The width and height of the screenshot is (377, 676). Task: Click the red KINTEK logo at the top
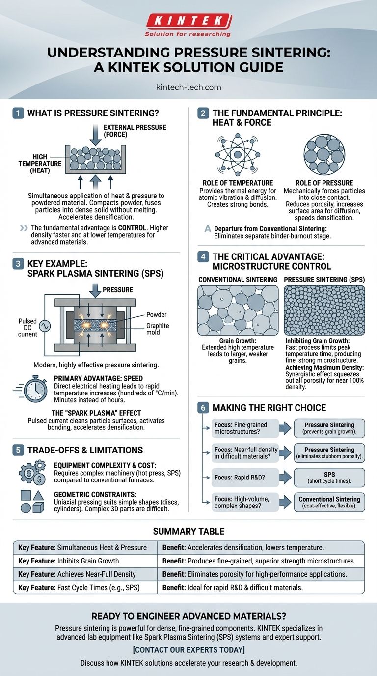coord(188,21)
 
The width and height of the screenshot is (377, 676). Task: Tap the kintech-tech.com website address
coord(188,87)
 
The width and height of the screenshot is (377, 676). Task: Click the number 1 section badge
coord(18,113)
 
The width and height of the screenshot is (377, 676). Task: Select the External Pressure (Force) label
coord(135,131)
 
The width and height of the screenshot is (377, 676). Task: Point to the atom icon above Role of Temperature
coord(238,155)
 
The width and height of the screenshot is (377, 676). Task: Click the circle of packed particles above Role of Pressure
coord(324,155)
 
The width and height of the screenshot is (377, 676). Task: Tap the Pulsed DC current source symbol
coord(45,326)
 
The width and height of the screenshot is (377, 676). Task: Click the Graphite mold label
coord(158,329)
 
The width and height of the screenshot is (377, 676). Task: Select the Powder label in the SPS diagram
coord(156,315)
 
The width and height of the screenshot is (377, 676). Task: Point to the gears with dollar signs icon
coord(32,473)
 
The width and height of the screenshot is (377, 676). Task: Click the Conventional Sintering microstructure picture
coord(238,310)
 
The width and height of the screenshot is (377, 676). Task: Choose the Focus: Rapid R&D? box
coord(245,478)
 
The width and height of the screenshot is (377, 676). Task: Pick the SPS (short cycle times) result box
coord(329,478)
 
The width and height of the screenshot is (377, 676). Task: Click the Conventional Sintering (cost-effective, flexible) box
coord(329,502)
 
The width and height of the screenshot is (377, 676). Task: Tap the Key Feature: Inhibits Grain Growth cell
coord(85,561)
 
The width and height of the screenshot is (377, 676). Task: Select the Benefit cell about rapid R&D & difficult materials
coord(261,587)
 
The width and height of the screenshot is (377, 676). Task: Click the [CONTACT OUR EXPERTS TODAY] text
coord(189,649)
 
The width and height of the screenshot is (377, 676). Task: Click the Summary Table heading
coord(189,531)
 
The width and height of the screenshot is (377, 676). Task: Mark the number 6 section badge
coord(203,408)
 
